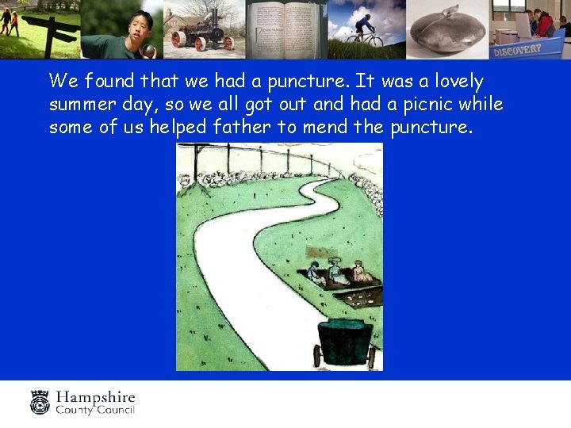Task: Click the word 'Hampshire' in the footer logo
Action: pos(95,397)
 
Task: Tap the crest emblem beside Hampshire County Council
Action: pos(40,402)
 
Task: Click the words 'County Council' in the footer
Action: pos(95,410)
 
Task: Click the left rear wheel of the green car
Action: pos(317,356)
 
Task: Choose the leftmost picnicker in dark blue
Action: pos(316,273)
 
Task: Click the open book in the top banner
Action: pos(285,29)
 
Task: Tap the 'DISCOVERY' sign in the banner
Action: pos(517,48)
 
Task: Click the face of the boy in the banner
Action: pos(142,25)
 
